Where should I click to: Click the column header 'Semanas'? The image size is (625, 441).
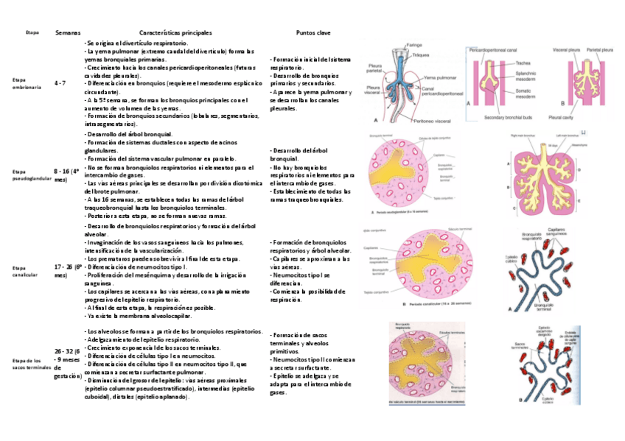click(68, 33)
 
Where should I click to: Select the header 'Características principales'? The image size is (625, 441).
click(175, 33)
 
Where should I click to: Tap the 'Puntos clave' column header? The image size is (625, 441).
click(313, 33)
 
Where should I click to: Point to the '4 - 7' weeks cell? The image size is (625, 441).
click(60, 83)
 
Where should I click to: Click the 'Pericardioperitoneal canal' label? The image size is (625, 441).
click(492, 50)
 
